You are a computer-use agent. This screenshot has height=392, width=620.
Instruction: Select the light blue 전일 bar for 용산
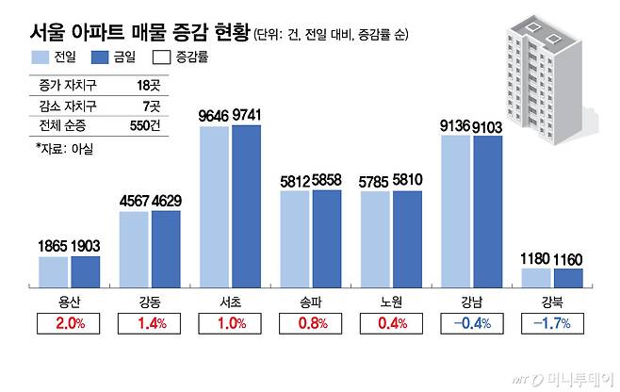point(53,271)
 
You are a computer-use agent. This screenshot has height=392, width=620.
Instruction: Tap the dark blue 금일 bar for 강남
point(487,211)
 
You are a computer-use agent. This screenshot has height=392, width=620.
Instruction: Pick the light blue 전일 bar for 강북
point(535,278)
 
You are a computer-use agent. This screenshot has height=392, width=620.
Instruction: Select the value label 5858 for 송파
point(327,178)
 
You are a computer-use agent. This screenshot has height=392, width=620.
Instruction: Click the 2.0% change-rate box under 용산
point(70,324)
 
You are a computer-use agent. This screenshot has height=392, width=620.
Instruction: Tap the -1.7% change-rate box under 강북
point(552,324)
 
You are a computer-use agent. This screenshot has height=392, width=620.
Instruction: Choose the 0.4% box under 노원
point(391,324)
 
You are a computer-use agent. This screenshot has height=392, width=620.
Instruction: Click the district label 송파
point(311,302)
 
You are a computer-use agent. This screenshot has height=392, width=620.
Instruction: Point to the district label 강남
point(471,302)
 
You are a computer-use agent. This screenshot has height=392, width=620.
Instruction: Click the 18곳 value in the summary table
point(147,84)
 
